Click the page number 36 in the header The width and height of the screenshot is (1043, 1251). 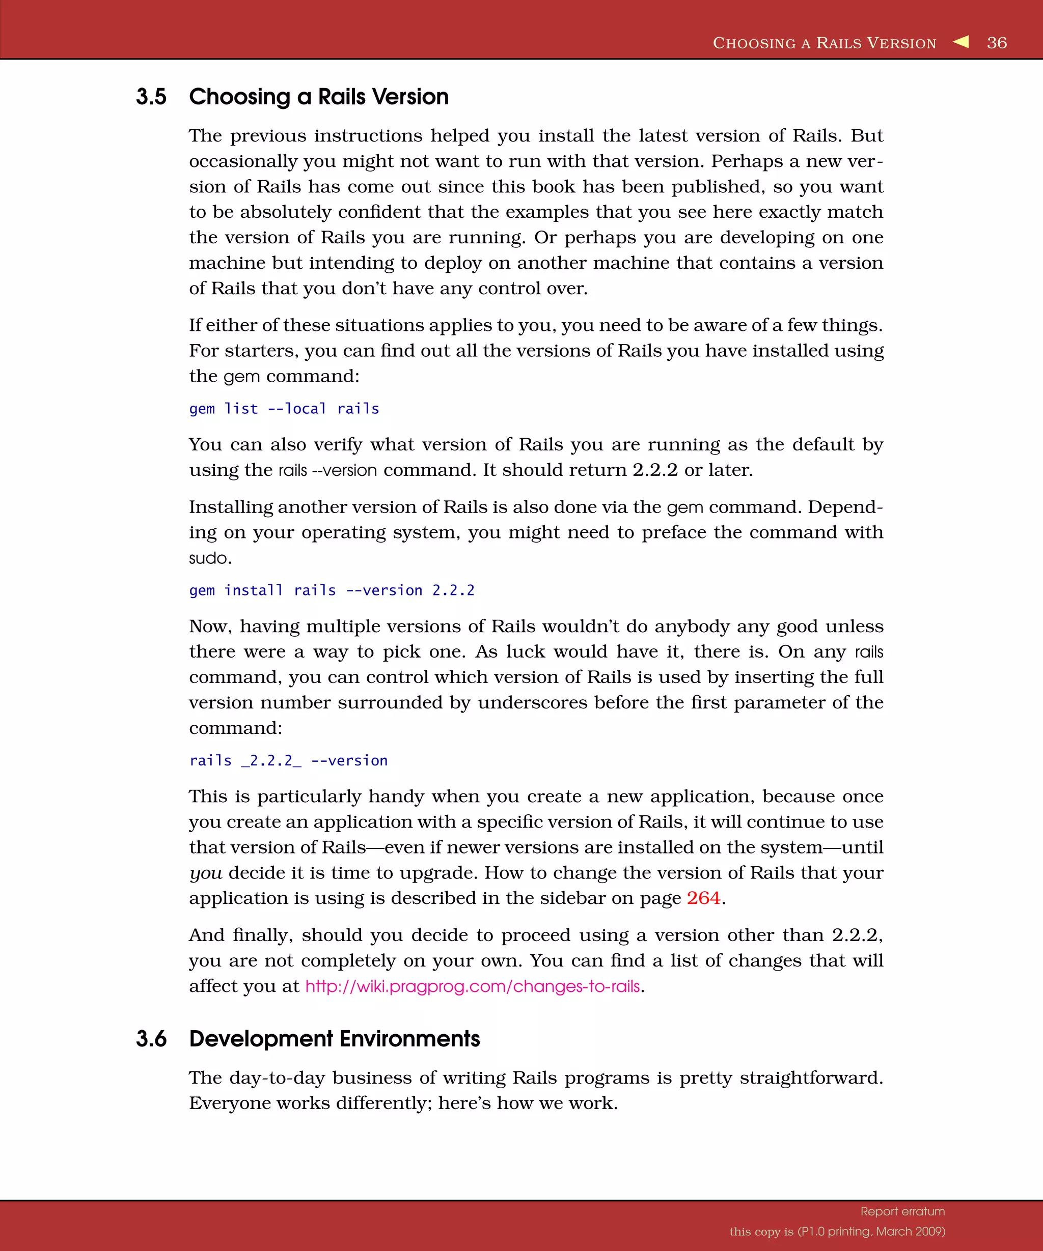(997, 43)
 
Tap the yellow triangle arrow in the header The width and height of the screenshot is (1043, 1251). (961, 42)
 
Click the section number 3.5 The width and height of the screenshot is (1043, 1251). (151, 97)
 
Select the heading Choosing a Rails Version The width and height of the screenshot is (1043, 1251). (318, 97)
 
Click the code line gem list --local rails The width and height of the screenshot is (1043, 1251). (284, 409)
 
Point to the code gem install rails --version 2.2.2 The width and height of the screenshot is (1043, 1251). (332, 590)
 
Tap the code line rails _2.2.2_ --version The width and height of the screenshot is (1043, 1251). (288, 761)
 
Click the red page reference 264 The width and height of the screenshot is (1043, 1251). (703, 898)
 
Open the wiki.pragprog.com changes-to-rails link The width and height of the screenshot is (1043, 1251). (472, 986)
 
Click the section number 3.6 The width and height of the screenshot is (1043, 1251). (151, 1038)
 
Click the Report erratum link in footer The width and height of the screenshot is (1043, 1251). (902, 1211)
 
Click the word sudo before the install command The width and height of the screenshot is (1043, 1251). (209, 558)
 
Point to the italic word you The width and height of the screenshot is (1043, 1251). (205, 873)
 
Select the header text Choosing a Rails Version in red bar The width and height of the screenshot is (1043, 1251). (825, 43)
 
